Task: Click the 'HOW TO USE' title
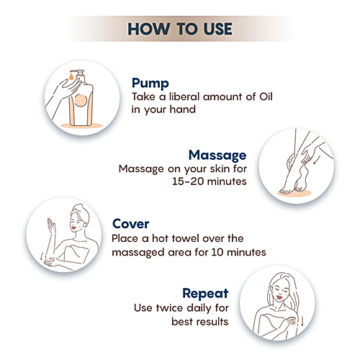click(180, 29)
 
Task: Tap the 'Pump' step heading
click(150, 84)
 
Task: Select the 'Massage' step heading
click(217, 156)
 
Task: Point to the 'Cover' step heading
click(130, 224)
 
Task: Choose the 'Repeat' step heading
click(205, 294)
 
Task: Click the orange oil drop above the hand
click(71, 77)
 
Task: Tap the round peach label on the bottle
click(81, 100)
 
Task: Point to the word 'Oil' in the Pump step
click(266, 96)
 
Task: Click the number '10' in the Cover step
click(217, 252)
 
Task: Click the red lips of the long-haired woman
click(279, 297)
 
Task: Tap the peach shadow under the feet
click(294, 193)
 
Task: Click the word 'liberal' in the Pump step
click(184, 96)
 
